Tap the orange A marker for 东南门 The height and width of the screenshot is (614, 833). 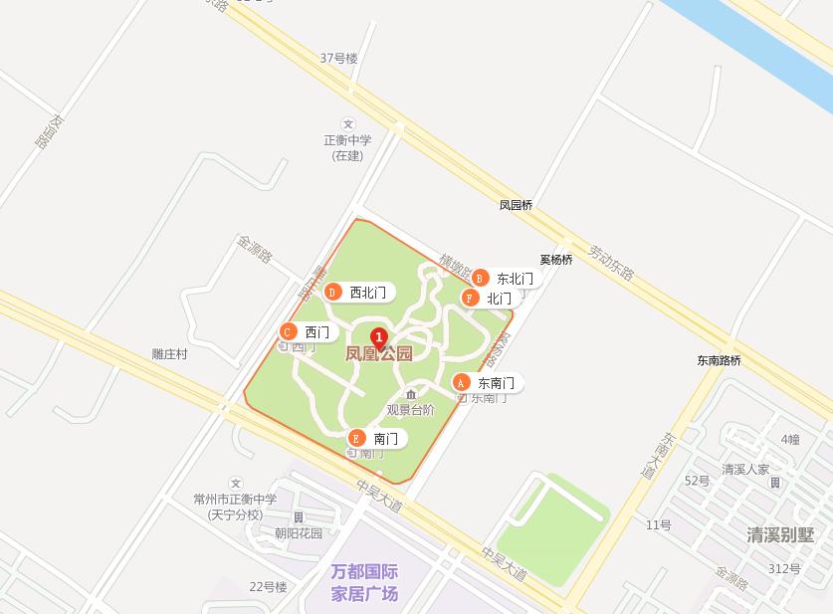461,383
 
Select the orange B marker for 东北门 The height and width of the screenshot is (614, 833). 480,279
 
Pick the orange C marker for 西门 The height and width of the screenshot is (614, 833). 288,332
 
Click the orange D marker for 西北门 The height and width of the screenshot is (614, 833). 332,293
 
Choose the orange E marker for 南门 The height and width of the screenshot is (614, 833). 356,438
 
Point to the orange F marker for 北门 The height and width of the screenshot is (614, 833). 470,299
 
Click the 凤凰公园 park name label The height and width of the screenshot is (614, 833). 378,354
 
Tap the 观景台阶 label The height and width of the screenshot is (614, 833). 410,410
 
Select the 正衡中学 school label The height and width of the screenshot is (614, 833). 347,140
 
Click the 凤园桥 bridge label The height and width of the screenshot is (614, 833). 516,206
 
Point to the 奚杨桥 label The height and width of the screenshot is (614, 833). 556,260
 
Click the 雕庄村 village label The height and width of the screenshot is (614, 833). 169,354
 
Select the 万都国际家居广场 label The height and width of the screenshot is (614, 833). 364,583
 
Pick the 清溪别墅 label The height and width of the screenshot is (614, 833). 780,535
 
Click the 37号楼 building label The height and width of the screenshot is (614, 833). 338,58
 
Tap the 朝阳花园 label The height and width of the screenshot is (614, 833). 299,533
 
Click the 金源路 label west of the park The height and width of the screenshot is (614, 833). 254,248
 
